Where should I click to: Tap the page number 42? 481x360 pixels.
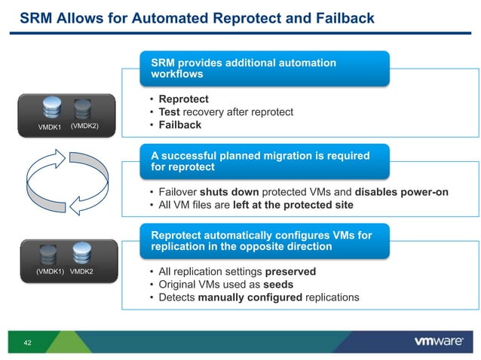pyautogui.click(x=27, y=343)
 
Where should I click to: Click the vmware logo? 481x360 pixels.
pyautogui.click(x=438, y=341)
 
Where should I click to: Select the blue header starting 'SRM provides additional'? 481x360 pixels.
pyautogui.click(x=264, y=69)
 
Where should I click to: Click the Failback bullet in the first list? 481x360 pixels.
pyautogui.click(x=179, y=125)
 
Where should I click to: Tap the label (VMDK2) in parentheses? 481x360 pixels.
pyautogui.click(x=84, y=127)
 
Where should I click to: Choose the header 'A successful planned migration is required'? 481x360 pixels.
pyautogui.click(x=264, y=161)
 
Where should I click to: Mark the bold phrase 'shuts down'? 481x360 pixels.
pyautogui.click(x=225, y=192)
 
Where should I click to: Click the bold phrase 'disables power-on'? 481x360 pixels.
pyautogui.click(x=401, y=192)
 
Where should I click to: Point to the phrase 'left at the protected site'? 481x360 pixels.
pyautogui.click(x=293, y=205)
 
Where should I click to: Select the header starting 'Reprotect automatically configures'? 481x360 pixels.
pyautogui.click(x=264, y=241)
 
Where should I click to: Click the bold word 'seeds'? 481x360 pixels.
pyautogui.click(x=277, y=284)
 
